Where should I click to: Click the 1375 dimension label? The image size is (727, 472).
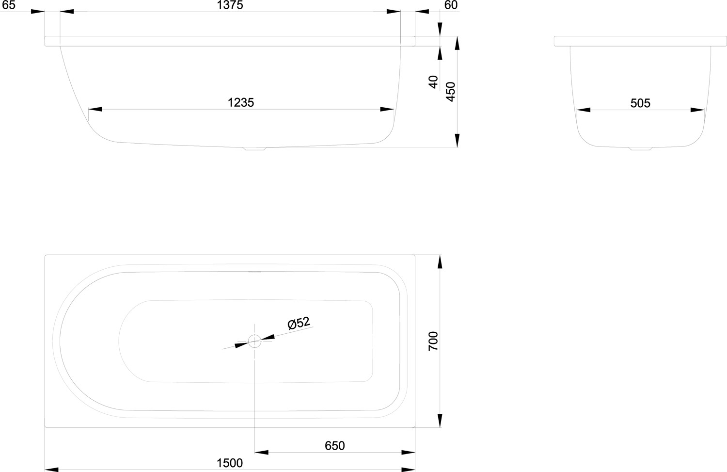coord(230,5)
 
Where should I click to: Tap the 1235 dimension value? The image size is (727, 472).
coord(241,103)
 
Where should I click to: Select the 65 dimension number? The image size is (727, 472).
coord(9,5)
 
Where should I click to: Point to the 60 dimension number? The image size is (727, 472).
coord(451,5)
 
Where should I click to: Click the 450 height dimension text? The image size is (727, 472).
coord(451,92)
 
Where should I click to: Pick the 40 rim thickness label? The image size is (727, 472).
coord(433,82)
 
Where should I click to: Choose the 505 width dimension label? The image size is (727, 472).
coord(640,103)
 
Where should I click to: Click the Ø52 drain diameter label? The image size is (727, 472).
coord(299,323)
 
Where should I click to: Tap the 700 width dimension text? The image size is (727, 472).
coord(433,341)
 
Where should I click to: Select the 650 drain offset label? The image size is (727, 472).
coord(334,446)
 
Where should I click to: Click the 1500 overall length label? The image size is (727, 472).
coord(230,463)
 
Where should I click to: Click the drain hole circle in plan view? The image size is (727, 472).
coord(254,341)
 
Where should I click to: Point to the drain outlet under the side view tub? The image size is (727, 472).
coord(255,149)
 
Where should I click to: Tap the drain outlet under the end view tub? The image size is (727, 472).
coord(641,149)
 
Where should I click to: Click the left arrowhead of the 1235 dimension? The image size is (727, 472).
coord(95,109)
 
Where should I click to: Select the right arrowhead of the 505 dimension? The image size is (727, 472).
coord(697,110)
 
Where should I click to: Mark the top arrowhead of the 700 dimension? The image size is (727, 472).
coord(440,262)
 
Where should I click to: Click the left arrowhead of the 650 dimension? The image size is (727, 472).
coord(262,452)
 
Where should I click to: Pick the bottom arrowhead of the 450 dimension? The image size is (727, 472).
coord(458,141)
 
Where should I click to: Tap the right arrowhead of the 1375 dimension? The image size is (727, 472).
coord(394,11)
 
